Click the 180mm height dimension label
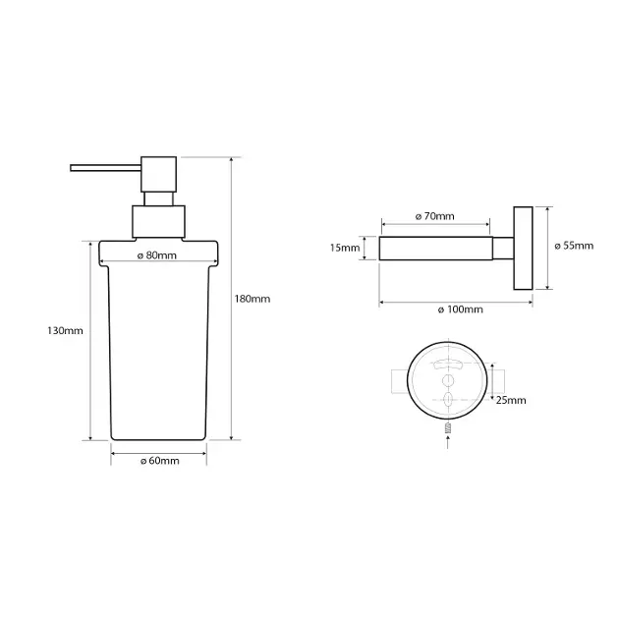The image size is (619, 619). click(253, 299)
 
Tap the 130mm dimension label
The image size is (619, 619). click(65, 330)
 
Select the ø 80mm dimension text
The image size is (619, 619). click(157, 255)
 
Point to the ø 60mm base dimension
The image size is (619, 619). click(160, 461)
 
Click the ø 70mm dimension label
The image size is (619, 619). click(434, 216)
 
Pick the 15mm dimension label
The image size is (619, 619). click(345, 248)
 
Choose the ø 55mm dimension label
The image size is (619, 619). click(574, 246)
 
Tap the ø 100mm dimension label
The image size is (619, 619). click(460, 309)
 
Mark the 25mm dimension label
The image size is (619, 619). click(511, 400)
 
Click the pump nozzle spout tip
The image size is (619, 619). click(72, 168)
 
